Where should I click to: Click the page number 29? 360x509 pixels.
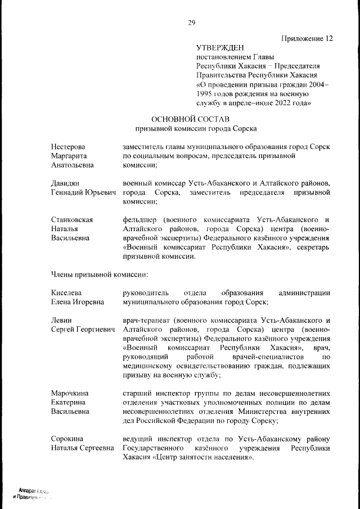pyautogui.click(x=191, y=22)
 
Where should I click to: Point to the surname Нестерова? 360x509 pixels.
pyautogui.click(x=68, y=147)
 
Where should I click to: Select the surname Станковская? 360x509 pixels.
pyautogui.click(x=71, y=220)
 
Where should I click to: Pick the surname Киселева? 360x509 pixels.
pyautogui.click(x=66, y=293)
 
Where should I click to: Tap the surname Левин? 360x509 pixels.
pyautogui.click(x=61, y=320)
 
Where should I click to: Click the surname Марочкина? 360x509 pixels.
pyautogui.click(x=70, y=393)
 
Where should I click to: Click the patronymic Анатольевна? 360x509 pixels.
pyautogui.click(x=74, y=165)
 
